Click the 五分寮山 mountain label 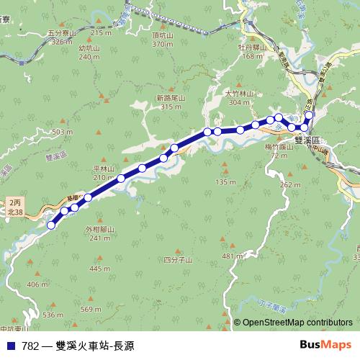(61, 32)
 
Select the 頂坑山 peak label (163, 35)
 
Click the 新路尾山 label (171, 97)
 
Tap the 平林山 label (104, 168)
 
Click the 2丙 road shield (15, 204)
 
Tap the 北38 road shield (15, 213)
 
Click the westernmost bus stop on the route (51, 225)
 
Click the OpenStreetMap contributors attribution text (297, 323)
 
